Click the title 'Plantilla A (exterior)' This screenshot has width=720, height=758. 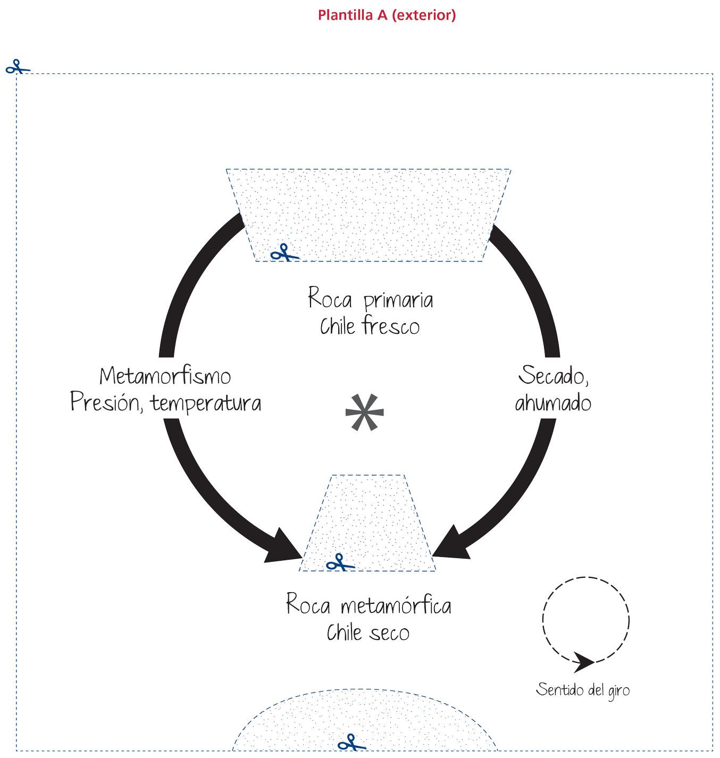387,15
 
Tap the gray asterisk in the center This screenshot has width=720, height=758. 364,412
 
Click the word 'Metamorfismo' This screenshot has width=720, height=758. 165,376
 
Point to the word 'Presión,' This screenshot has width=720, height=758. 107,402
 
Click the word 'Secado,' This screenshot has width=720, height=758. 554,375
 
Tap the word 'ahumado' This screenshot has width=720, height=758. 553,402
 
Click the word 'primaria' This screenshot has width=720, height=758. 398,301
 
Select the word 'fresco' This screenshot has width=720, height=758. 390,325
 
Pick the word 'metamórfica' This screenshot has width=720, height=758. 396,606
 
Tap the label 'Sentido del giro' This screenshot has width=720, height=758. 583,690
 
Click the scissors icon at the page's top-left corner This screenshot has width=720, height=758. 18,66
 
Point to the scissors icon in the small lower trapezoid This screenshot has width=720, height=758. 340,562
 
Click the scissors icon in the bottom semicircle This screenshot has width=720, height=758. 352,742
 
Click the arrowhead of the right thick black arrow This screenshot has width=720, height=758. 451,543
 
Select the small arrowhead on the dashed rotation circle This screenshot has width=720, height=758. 583,662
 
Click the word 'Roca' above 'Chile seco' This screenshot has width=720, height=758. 308,604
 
